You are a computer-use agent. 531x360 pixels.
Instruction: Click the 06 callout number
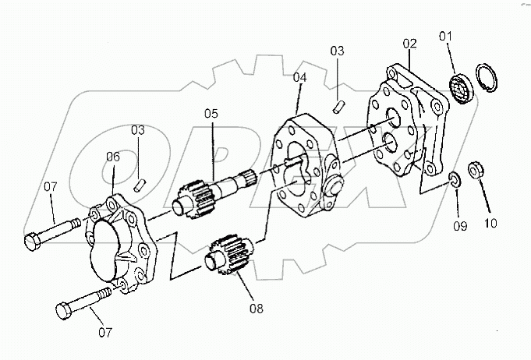click(113, 157)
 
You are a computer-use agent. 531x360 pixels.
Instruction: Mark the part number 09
click(460, 226)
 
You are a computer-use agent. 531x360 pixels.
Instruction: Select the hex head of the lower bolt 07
click(65, 311)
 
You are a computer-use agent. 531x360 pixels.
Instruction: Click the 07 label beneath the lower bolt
click(104, 333)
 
